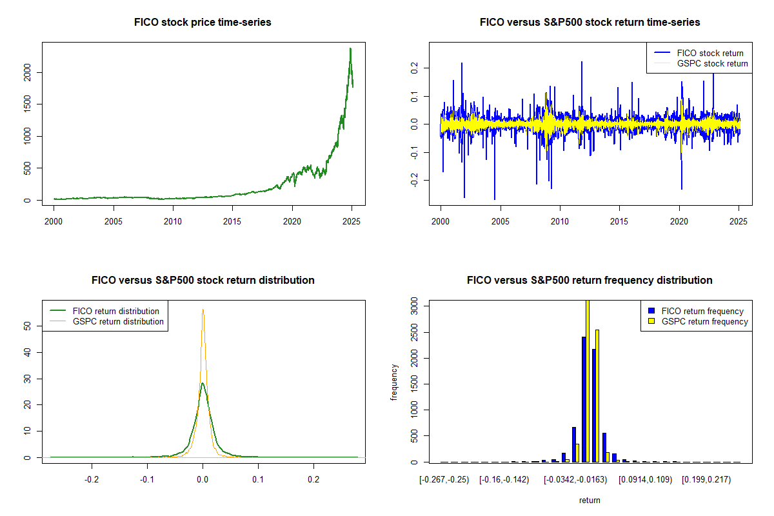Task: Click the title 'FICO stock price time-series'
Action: [x=203, y=22]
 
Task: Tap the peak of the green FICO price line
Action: [x=350, y=48]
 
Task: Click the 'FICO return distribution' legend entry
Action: [x=116, y=311]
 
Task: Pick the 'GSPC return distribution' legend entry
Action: [x=118, y=321]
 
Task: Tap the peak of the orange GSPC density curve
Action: [x=203, y=310]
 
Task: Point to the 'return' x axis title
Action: [x=590, y=500]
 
